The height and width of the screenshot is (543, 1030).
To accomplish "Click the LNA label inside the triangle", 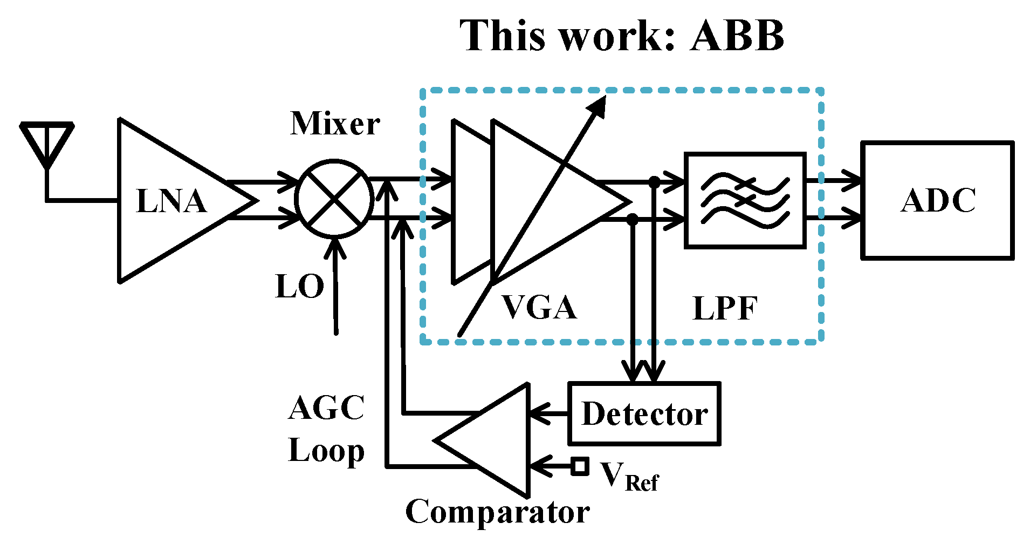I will coord(171,201).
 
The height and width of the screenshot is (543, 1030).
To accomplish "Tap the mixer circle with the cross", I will coord(334,199).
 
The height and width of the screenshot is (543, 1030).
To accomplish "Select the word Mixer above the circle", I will coord(335,124).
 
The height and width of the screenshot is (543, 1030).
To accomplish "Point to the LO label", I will coord(300,286).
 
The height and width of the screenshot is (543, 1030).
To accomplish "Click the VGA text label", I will coord(539,308).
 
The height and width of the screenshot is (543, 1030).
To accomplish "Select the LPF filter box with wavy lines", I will coord(745,200).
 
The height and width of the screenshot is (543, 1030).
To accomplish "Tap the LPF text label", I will coord(725,309).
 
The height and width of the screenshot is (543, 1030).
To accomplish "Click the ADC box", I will coord(937,200).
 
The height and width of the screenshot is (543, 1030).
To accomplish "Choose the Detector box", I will coord(644,414).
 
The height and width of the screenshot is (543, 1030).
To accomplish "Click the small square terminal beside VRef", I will coord(580,466).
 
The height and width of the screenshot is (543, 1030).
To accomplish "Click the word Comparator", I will coord(497,512).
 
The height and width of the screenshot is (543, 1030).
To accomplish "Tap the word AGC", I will coord(327,408).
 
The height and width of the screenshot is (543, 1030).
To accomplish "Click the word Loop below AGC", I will coord(327,451).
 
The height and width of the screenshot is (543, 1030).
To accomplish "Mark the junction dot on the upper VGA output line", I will coord(654,181).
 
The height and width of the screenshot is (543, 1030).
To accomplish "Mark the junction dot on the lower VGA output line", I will coord(633,219).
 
